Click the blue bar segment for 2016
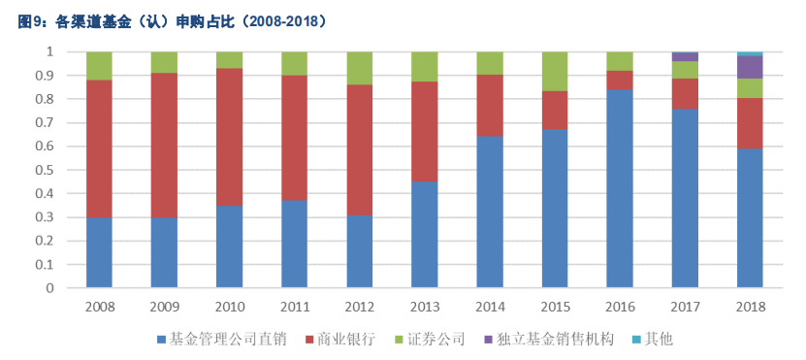[x=619, y=188]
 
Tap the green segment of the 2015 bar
[x=554, y=71]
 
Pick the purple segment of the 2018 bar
[x=749, y=67]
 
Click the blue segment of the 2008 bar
[x=99, y=252]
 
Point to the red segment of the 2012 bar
[x=359, y=149]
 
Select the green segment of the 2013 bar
[x=424, y=66]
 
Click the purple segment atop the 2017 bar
[x=684, y=56]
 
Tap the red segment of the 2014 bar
[x=489, y=105]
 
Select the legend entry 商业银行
[x=341, y=339]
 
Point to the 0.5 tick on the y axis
[x=48, y=170]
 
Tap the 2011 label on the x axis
[x=294, y=307]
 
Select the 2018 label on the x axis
[x=749, y=307]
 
